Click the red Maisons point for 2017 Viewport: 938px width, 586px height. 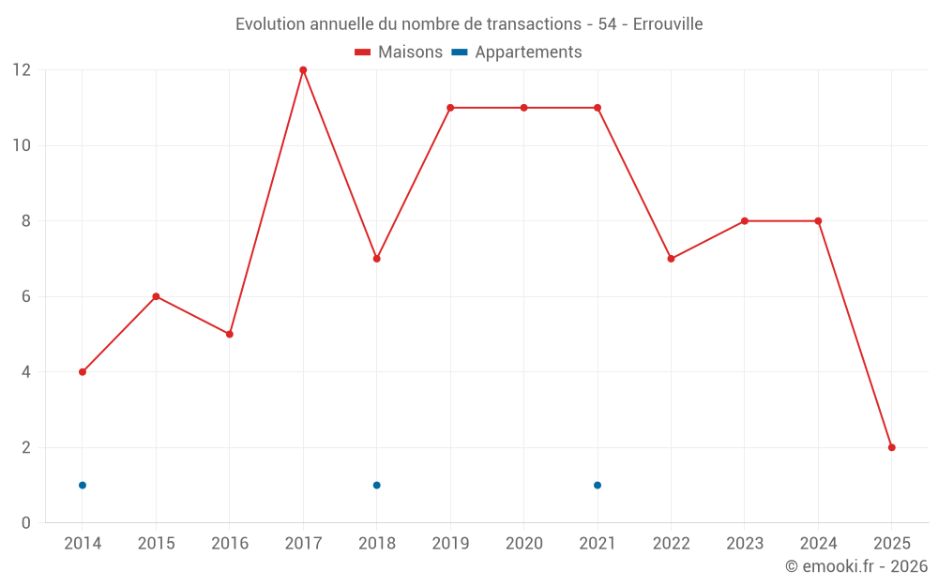click(303, 70)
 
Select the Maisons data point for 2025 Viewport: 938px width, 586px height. click(891, 447)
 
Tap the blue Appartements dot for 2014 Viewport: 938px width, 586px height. click(83, 485)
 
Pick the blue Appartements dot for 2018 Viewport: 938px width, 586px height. click(377, 485)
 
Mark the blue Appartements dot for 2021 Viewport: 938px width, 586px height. click(598, 485)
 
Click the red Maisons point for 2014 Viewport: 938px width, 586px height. click(83, 372)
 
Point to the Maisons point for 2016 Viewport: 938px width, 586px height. click(230, 334)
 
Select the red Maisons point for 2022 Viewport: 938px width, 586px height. click(671, 259)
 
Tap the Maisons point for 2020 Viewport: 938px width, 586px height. click(523, 108)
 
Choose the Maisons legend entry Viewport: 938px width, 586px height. click(399, 53)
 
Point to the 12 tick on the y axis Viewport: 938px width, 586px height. click(21, 70)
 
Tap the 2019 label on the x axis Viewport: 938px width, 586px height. click(450, 544)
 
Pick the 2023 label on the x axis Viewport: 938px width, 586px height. click(744, 544)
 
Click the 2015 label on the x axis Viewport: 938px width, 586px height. click(156, 544)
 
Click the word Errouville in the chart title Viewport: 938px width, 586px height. click(667, 24)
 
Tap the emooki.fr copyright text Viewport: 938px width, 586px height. click(856, 566)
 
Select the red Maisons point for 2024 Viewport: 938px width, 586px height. click(818, 221)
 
